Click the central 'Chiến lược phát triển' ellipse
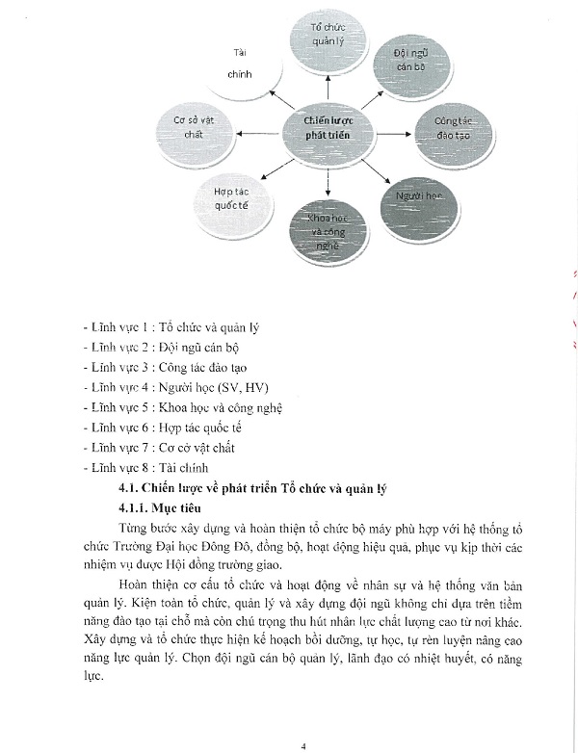328,128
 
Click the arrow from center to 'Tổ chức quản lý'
328,86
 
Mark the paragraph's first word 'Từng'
135,529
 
